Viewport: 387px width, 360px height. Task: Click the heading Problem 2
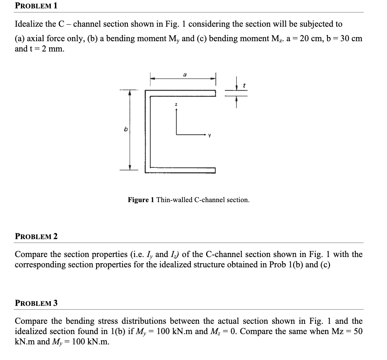[x=36, y=236]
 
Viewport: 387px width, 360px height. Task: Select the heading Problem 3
[x=36, y=303]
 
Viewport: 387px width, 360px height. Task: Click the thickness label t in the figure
[x=243, y=87]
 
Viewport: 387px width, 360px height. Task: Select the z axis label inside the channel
[x=176, y=104]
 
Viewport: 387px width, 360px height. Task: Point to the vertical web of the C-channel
[x=147, y=132]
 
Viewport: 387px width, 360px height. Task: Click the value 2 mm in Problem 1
[x=48, y=49]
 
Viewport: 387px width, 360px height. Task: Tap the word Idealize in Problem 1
[x=29, y=24]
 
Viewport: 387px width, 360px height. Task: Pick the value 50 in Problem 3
[x=358, y=331]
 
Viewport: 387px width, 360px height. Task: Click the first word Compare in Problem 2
[x=30, y=254]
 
